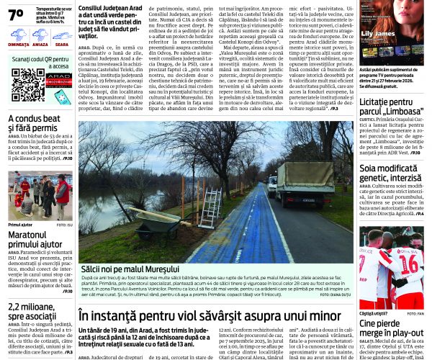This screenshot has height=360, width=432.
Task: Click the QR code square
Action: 27,86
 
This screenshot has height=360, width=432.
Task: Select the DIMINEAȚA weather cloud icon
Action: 19,34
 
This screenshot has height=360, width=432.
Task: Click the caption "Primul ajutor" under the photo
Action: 21,225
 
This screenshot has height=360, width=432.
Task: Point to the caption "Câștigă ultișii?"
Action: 374,314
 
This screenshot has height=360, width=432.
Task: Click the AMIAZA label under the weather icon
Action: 40,44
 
